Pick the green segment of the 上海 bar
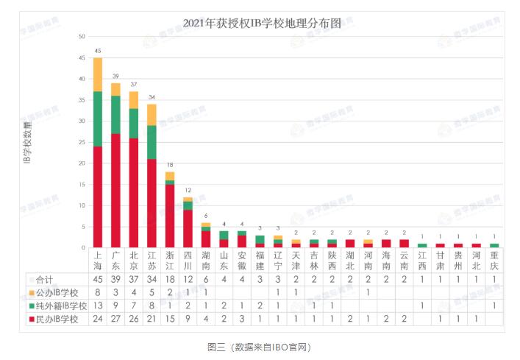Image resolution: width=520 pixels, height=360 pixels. [x=98, y=119]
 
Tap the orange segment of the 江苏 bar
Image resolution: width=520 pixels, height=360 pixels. [x=152, y=114]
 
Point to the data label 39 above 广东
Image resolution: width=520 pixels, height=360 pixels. [x=115, y=77]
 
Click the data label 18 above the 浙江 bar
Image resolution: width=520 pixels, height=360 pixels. [x=169, y=165]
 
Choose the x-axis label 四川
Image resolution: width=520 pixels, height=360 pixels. [x=188, y=260]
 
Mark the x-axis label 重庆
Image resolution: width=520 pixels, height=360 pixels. [x=494, y=260]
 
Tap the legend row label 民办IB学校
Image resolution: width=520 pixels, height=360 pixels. [x=60, y=317]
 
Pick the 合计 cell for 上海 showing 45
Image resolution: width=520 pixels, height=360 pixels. [x=98, y=280]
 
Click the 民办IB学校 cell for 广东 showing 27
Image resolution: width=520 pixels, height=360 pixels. [x=115, y=317]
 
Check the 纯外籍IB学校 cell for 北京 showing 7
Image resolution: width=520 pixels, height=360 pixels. [x=133, y=305]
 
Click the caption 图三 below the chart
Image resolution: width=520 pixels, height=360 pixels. [x=217, y=345]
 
